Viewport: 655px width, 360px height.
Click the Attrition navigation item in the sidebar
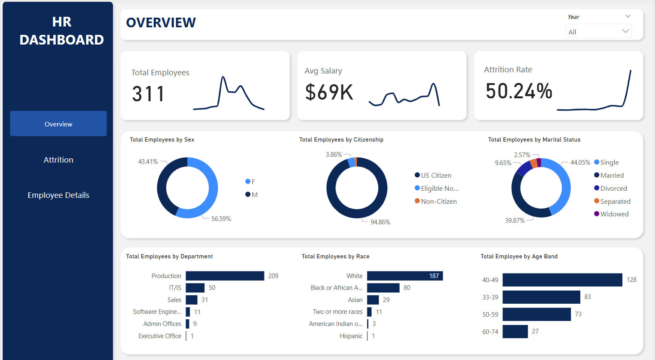click(58, 160)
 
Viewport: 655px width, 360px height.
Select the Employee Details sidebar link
click(58, 195)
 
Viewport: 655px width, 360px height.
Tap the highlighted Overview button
click(58, 124)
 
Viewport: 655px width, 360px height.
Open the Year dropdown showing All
click(598, 32)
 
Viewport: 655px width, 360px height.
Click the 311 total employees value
click(148, 94)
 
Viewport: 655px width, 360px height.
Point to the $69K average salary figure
click(329, 92)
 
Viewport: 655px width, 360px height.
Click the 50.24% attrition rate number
click(519, 91)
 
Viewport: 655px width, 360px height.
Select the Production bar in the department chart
click(225, 276)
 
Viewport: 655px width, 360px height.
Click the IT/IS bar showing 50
click(195, 288)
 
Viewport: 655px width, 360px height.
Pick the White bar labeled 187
click(405, 276)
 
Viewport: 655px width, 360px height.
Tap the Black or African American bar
click(383, 288)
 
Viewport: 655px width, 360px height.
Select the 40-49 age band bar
click(562, 280)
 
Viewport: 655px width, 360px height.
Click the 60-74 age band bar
click(515, 331)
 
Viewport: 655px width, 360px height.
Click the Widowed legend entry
click(614, 214)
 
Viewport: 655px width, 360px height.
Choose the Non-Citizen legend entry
click(438, 201)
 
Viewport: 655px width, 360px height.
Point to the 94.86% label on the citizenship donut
click(380, 222)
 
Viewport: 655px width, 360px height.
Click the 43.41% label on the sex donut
click(148, 161)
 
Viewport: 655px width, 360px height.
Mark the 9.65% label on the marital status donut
click(503, 163)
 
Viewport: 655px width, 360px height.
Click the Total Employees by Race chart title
click(335, 256)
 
